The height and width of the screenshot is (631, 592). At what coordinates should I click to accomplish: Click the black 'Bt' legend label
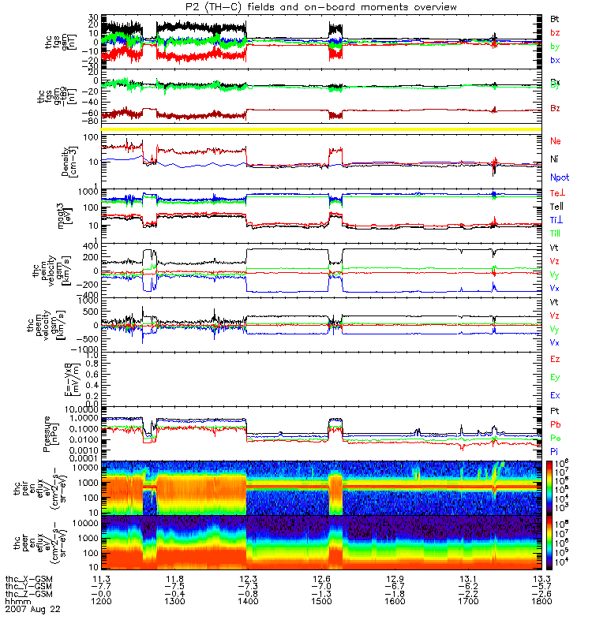[555, 17]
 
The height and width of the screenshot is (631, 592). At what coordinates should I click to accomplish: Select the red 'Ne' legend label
[555, 140]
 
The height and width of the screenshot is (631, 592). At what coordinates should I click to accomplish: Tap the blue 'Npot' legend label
[559, 178]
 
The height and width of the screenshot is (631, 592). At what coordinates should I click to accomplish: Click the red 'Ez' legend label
[555, 359]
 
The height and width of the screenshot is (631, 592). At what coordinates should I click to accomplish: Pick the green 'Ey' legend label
[555, 377]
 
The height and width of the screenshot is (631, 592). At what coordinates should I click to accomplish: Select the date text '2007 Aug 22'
[32, 610]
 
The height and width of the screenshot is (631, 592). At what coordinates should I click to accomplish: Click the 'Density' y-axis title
[69, 162]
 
